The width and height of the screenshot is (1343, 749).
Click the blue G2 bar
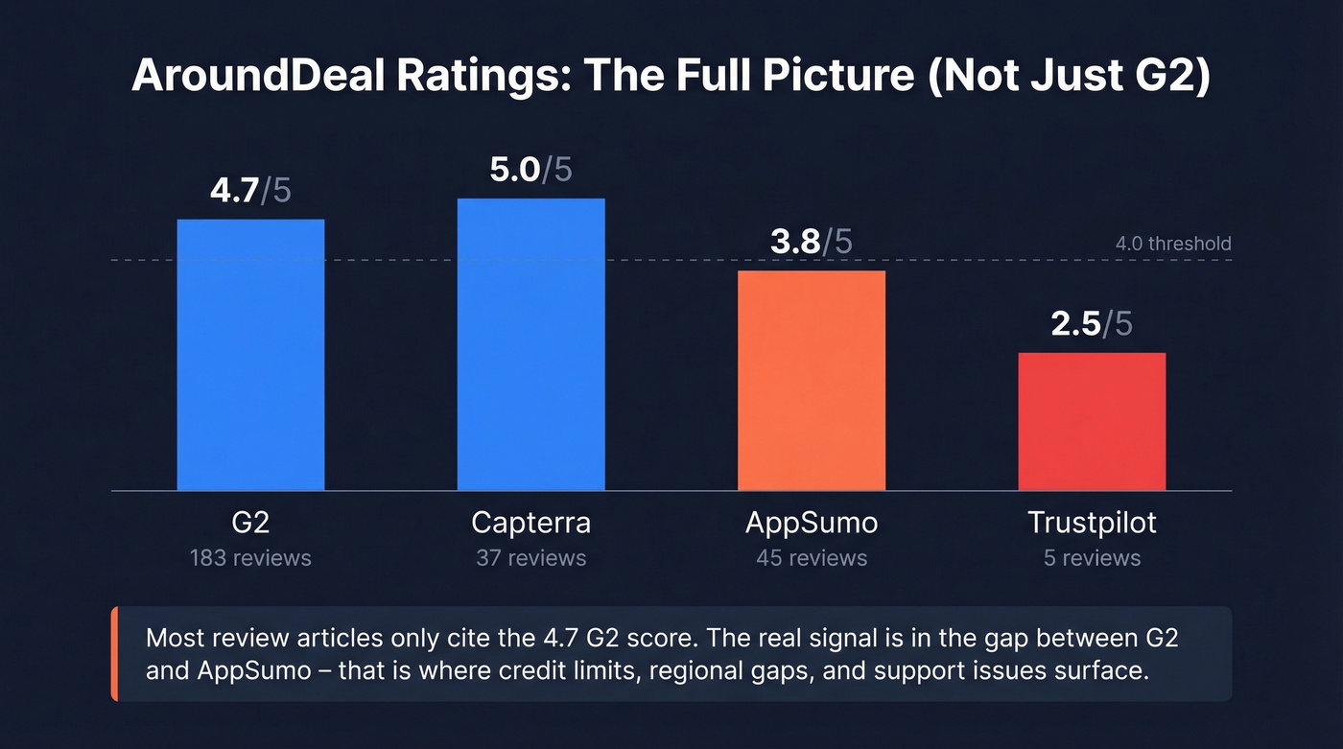click(x=250, y=355)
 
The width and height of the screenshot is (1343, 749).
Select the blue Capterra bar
click(x=530, y=344)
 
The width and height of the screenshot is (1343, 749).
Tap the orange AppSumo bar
click(x=811, y=381)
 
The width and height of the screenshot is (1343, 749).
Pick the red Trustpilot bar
click(x=1092, y=422)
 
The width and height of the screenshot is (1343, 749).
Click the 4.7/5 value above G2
click(x=250, y=190)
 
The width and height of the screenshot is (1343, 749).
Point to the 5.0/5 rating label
click(x=530, y=170)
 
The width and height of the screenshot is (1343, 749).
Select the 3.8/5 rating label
click(x=811, y=242)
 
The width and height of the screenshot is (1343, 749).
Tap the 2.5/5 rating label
click(x=1092, y=324)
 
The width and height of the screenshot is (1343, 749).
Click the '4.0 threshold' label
click(x=1172, y=244)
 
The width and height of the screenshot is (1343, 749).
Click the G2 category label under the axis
click(x=250, y=523)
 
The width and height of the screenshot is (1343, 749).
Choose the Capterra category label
click(x=530, y=523)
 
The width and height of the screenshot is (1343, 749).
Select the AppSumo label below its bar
click(x=811, y=523)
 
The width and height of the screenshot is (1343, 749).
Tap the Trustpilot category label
click(x=1092, y=523)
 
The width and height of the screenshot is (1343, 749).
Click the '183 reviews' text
click(x=250, y=558)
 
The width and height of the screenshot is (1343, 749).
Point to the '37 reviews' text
click(x=530, y=558)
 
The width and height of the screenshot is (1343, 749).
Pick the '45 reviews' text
click(x=811, y=558)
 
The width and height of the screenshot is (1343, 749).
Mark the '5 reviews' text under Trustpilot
click(x=1092, y=558)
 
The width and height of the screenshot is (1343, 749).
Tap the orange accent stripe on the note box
click(x=114, y=653)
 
